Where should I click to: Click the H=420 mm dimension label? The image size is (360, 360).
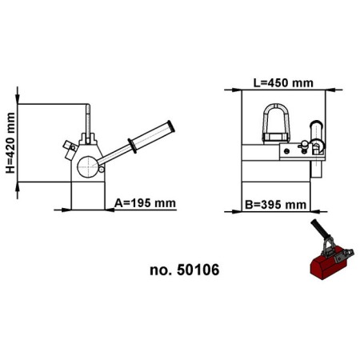point(10,143)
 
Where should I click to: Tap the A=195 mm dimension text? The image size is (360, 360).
point(145,202)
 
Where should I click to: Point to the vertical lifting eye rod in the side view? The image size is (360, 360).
point(87,120)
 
